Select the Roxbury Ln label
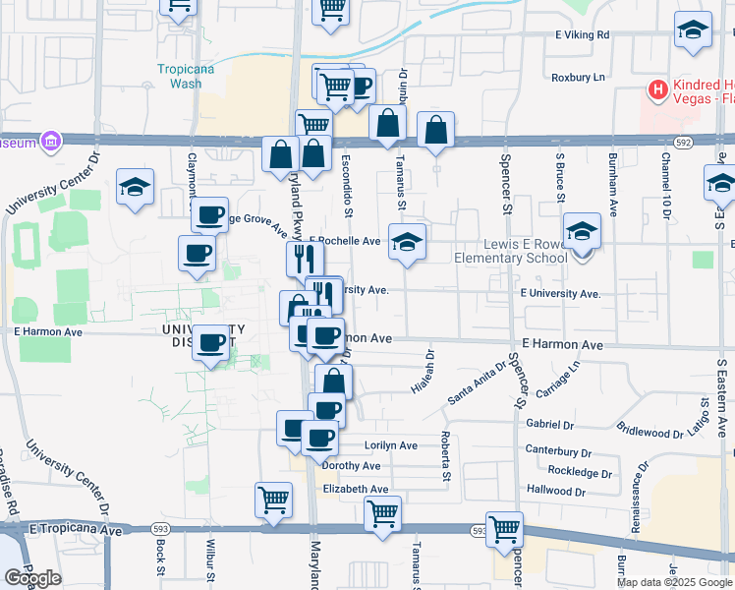coord(578,76)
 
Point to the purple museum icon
coord(47,142)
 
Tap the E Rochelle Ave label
coord(345,241)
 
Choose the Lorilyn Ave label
coord(390,445)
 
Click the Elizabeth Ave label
coord(356,489)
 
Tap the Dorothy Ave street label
coord(351,466)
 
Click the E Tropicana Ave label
coord(76,530)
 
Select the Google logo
coord(32,578)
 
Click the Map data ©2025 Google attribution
coord(674,582)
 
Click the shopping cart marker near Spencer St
coord(504,528)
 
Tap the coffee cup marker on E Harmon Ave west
coord(211,343)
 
